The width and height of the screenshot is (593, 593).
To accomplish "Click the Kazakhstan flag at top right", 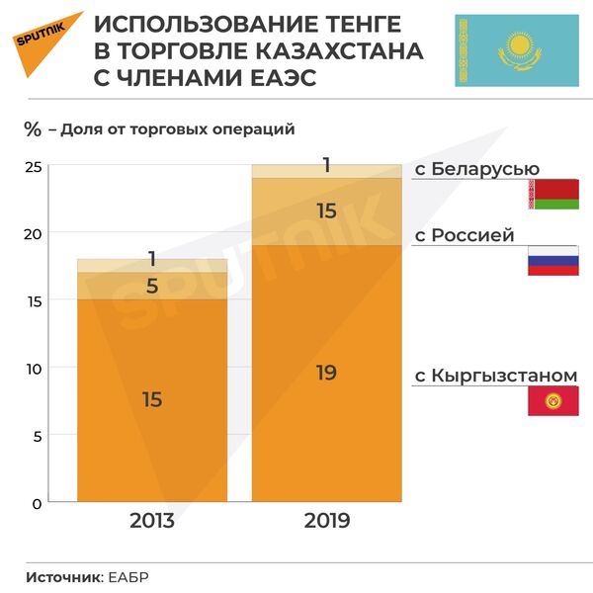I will [517, 49].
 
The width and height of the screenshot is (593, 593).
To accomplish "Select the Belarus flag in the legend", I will [552, 195].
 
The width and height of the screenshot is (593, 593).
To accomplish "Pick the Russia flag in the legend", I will [552, 260].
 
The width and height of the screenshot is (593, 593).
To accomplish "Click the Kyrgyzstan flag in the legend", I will [552, 401].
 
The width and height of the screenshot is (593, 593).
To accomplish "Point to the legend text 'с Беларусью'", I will [476, 169].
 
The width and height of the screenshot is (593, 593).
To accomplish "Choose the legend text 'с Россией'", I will [465, 235].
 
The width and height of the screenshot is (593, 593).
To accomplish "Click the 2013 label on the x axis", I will [152, 520].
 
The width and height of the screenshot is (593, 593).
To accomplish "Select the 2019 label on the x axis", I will [327, 520].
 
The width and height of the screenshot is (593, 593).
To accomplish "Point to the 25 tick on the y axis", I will [33, 166].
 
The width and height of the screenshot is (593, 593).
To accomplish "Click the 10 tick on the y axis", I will [33, 369].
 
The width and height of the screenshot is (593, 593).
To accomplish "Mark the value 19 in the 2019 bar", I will [326, 373].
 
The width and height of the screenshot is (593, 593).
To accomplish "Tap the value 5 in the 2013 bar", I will [152, 286].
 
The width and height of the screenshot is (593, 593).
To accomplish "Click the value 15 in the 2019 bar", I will [326, 211].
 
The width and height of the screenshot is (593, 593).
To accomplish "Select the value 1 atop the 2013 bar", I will [152, 259].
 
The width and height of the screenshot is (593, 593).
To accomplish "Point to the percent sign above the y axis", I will [33, 128].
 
